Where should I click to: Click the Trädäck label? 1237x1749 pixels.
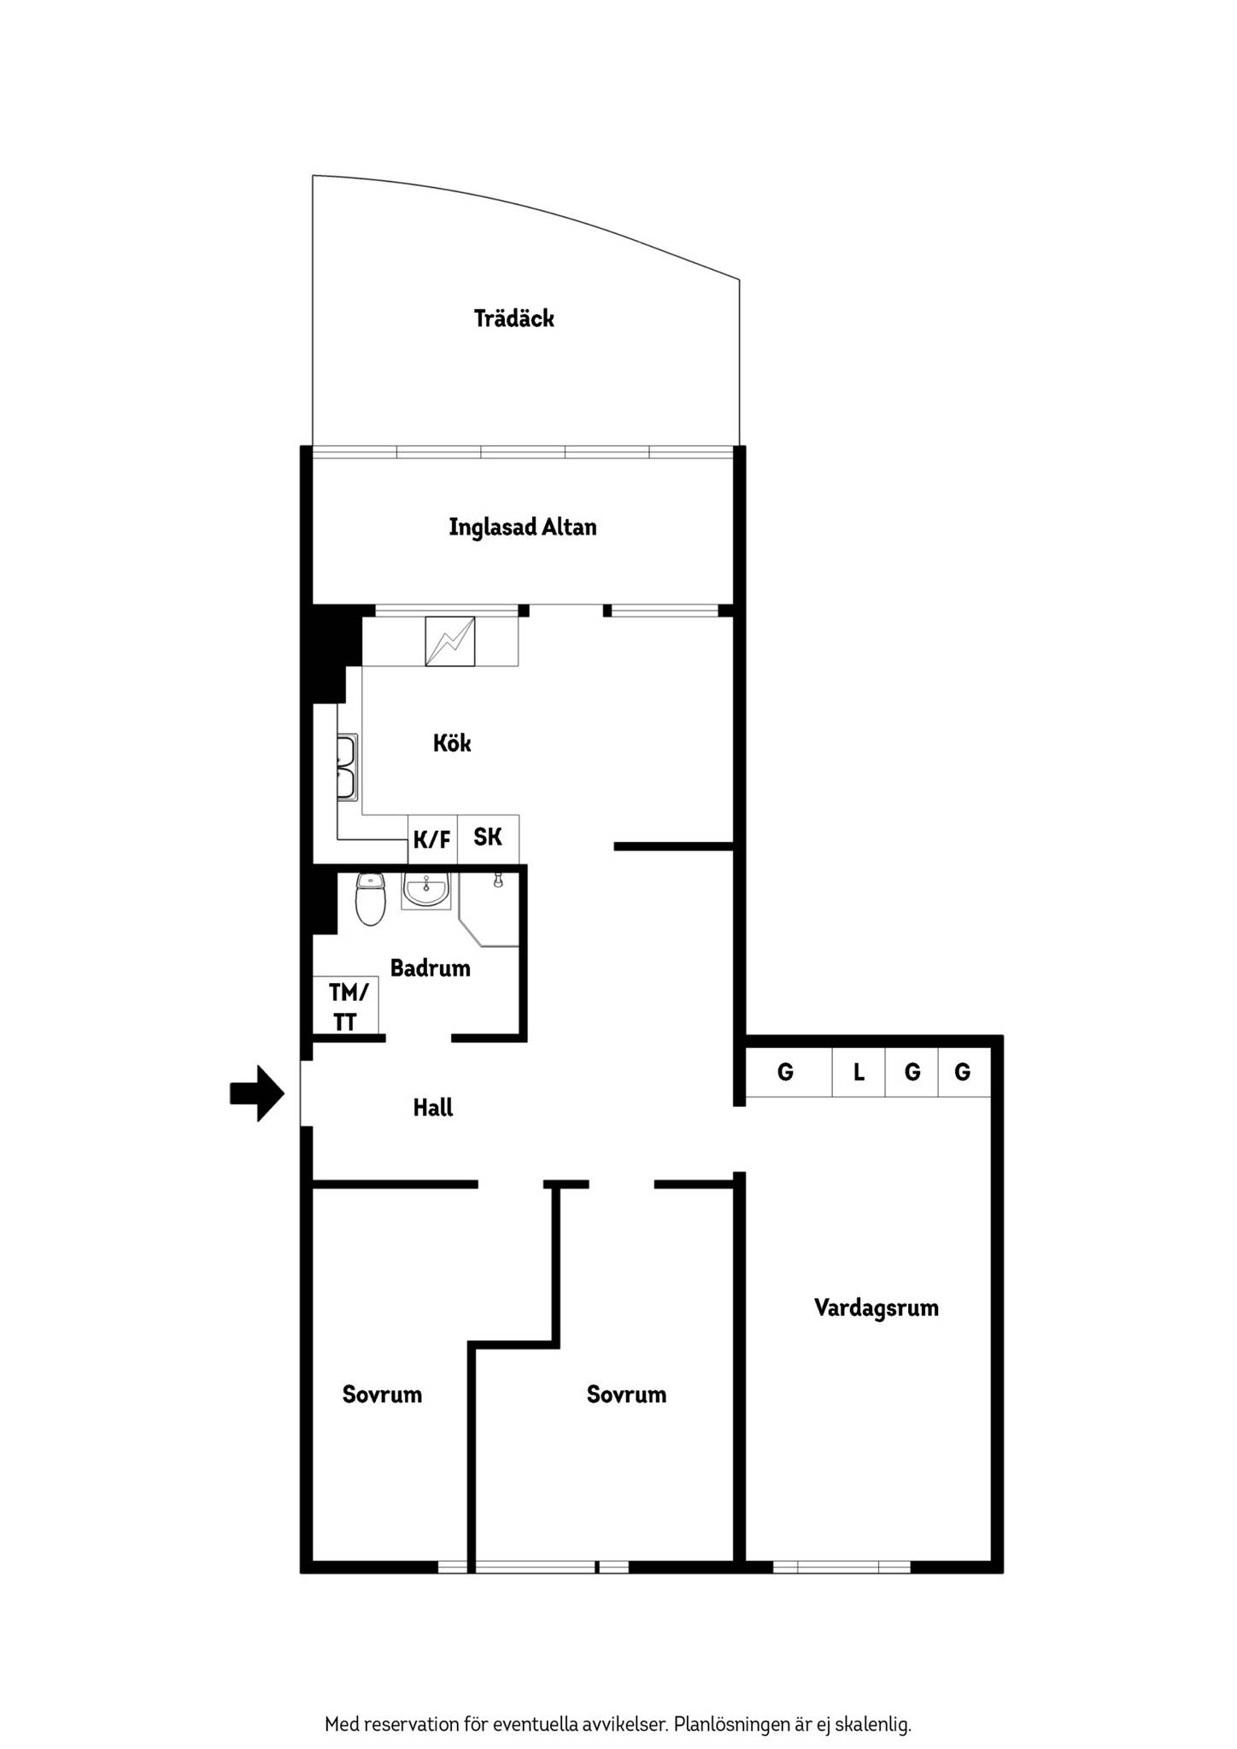pyautogui.click(x=514, y=319)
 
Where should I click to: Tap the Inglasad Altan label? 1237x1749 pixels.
pyautogui.click(x=523, y=527)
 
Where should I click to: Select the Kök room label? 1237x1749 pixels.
pyautogui.click(x=452, y=743)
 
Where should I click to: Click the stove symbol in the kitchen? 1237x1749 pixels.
pyautogui.click(x=450, y=641)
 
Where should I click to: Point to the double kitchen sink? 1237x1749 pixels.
pyautogui.click(x=347, y=767)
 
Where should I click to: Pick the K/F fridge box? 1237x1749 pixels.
pyautogui.click(x=432, y=839)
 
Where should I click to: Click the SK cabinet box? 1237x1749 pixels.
pyautogui.click(x=488, y=839)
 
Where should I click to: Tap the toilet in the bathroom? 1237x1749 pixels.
pyautogui.click(x=371, y=898)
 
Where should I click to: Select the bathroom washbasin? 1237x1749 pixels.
pyautogui.click(x=425, y=891)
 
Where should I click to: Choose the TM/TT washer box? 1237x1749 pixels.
pyautogui.click(x=346, y=1005)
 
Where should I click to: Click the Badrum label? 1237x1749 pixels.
pyautogui.click(x=431, y=968)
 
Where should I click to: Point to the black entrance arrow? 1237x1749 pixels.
pyautogui.click(x=257, y=1093)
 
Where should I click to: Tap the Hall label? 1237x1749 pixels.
pyautogui.click(x=433, y=1108)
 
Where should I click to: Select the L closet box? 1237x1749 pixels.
pyautogui.click(x=859, y=1072)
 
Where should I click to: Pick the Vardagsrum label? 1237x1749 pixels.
pyautogui.click(x=876, y=1307)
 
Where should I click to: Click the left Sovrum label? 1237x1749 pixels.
pyautogui.click(x=382, y=1395)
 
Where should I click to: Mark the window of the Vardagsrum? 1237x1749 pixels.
pyautogui.click(x=842, y=1567)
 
